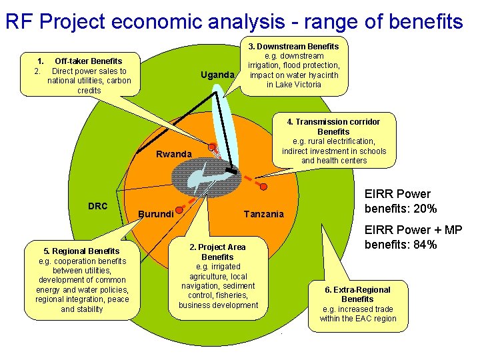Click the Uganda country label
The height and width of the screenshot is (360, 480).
pyautogui.click(x=218, y=75)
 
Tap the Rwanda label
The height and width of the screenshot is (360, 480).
pyautogui.click(x=173, y=154)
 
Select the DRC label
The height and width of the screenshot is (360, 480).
pyautogui.click(x=97, y=205)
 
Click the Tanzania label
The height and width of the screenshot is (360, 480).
pyautogui.click(x=264, y=214)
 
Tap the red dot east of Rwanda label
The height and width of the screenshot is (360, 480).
pyautogui.click(x=212, y=147)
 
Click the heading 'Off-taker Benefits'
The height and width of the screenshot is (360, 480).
pyautogui.click(x=88, y=61)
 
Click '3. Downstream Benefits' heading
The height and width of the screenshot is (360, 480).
pyautogui.click(x=293, y=46)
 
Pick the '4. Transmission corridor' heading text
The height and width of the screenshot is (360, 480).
pyautogui.click(x=333, y=121)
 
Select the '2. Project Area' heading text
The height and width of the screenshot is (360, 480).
pyautogui.click(x=217, y=247)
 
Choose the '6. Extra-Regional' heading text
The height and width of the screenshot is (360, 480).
pyautogui.click(x=357, y=289)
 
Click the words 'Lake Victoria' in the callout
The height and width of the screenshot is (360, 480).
pyautogui.click(x=293, y=85)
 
